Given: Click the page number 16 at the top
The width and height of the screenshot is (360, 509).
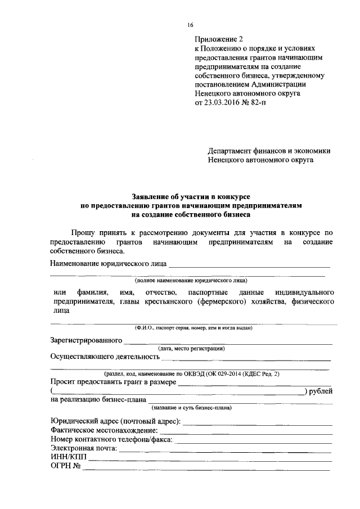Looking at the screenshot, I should coord(191,25).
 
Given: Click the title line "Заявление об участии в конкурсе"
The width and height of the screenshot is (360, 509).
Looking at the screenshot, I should coord(191,197).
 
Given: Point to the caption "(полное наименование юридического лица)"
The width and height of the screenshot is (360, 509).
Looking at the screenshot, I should coord(191,280).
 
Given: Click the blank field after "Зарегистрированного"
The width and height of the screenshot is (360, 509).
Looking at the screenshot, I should coord(228,341).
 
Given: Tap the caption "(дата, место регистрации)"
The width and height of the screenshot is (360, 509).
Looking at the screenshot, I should coord(191,349).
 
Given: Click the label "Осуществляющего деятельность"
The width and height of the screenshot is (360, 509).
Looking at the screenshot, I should coord(102,357).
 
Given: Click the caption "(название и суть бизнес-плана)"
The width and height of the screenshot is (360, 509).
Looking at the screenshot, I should coord(191,407).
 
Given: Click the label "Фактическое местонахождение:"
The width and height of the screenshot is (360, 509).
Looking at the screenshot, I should coord(104,430).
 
